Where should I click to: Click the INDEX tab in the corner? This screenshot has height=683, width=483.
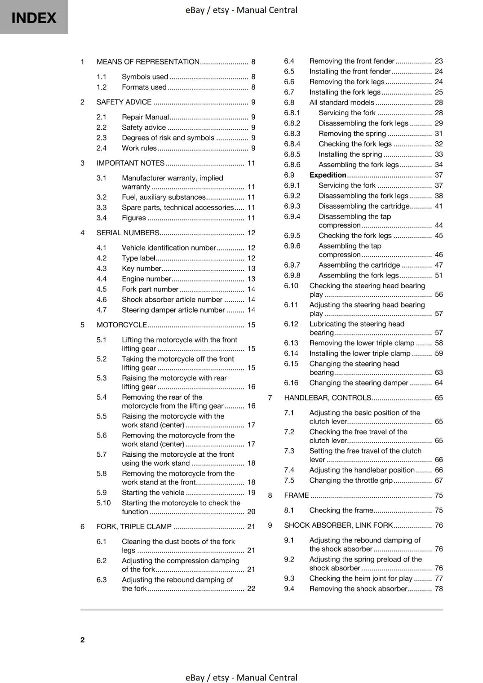pyautogui.click(x=34, y=18)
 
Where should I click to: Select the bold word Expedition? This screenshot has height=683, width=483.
pyautogui.click(x=327, y=175)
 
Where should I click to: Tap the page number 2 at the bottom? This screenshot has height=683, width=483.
pyautogui.click(x=82, y=639)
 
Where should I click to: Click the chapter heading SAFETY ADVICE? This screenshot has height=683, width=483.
pyautogui.click(x=124, y=102)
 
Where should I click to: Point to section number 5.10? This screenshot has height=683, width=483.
pyautogui.click(x=103, y=503)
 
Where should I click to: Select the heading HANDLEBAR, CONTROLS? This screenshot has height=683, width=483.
pyautogui.click(x=327, y=398)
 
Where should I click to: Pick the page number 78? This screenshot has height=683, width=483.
pyautogui.click(x=439, y=589)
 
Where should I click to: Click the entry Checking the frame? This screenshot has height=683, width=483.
pyautogui.click(x=341, y=510)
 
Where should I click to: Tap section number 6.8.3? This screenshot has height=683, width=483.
pyautogui.click(x=292, y=134)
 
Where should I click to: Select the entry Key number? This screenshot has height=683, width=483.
pyautogui.click(x=141, y=269)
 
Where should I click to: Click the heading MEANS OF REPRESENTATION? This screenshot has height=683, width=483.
pyautogui.click(x=148, y=62)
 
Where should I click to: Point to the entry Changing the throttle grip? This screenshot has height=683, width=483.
pyautogui.click(x=350, y=480)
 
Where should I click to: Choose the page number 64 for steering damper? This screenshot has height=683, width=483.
pyautogui.click(x=439, y=383)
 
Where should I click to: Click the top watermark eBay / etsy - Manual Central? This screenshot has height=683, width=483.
pyautogui.click(x=241, y=10)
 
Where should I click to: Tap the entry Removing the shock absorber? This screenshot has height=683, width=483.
pyautogui.click(x=358, y=589)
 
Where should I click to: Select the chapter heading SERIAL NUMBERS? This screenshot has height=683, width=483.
pyautogui.click(x=128, y=233)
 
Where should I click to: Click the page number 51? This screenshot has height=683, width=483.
pyautogui.click(x=439, y=275)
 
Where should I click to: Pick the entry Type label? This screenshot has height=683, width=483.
pyautogui.click(x=138, y=258)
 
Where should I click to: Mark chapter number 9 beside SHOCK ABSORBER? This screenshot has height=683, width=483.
pyautogui.click(x=270, y=525)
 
